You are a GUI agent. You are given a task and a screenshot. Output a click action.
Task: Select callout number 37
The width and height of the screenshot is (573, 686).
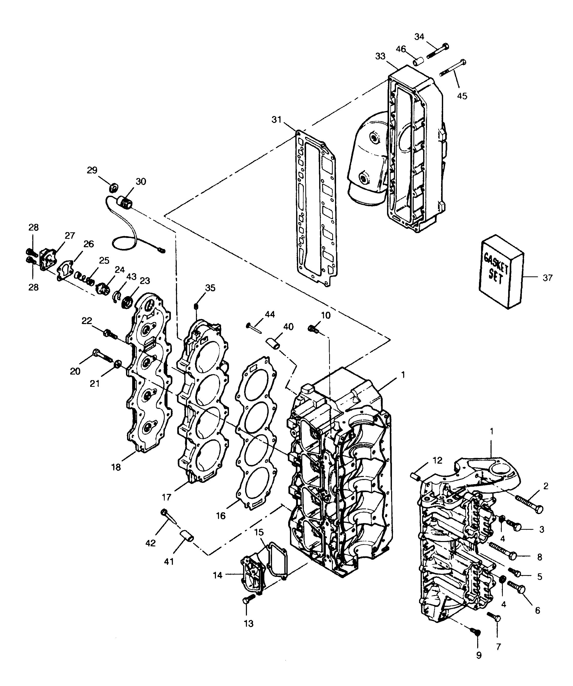point(548,278)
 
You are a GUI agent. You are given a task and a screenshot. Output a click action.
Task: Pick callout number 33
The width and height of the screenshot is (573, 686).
point(380,56)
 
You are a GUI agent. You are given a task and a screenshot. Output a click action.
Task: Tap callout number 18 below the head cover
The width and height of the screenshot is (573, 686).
point(116,467)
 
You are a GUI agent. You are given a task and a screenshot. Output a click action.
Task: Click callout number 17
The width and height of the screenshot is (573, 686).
point(166,497)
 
